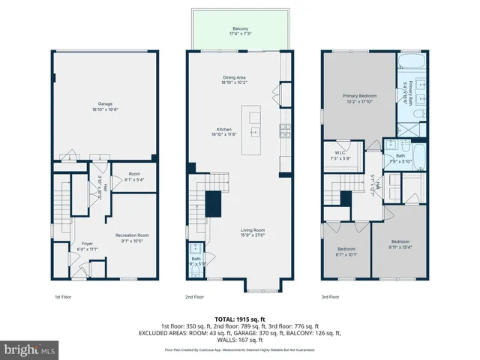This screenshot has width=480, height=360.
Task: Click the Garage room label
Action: [104, 106]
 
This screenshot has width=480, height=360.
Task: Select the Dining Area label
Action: [234, 80]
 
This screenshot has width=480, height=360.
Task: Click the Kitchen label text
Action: [220, 131]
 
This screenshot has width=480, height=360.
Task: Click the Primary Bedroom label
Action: [359, 98]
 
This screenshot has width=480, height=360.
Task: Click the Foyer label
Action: [87, 246]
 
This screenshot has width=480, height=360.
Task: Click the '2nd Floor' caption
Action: [194, 297]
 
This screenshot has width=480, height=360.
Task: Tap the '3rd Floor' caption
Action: [330, 297]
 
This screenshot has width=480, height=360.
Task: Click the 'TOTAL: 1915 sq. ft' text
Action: [239, 319]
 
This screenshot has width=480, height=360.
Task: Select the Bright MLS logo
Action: [30, 349]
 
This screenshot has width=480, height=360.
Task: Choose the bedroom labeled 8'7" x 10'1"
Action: [346, 251]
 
